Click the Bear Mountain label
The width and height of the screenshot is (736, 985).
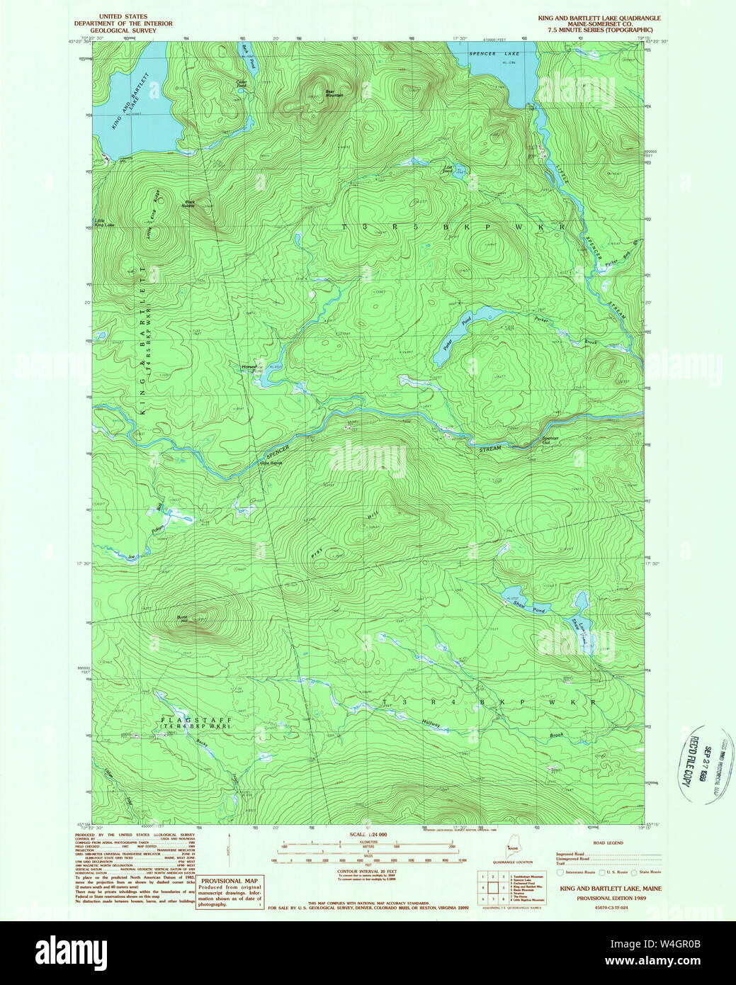(334, 93)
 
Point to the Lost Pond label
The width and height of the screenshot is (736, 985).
(448, 169)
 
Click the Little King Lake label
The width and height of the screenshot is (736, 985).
(104, 223)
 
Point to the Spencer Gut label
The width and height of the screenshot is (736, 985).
(550, 439)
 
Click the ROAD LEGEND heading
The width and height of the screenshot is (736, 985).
(608, 843)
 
